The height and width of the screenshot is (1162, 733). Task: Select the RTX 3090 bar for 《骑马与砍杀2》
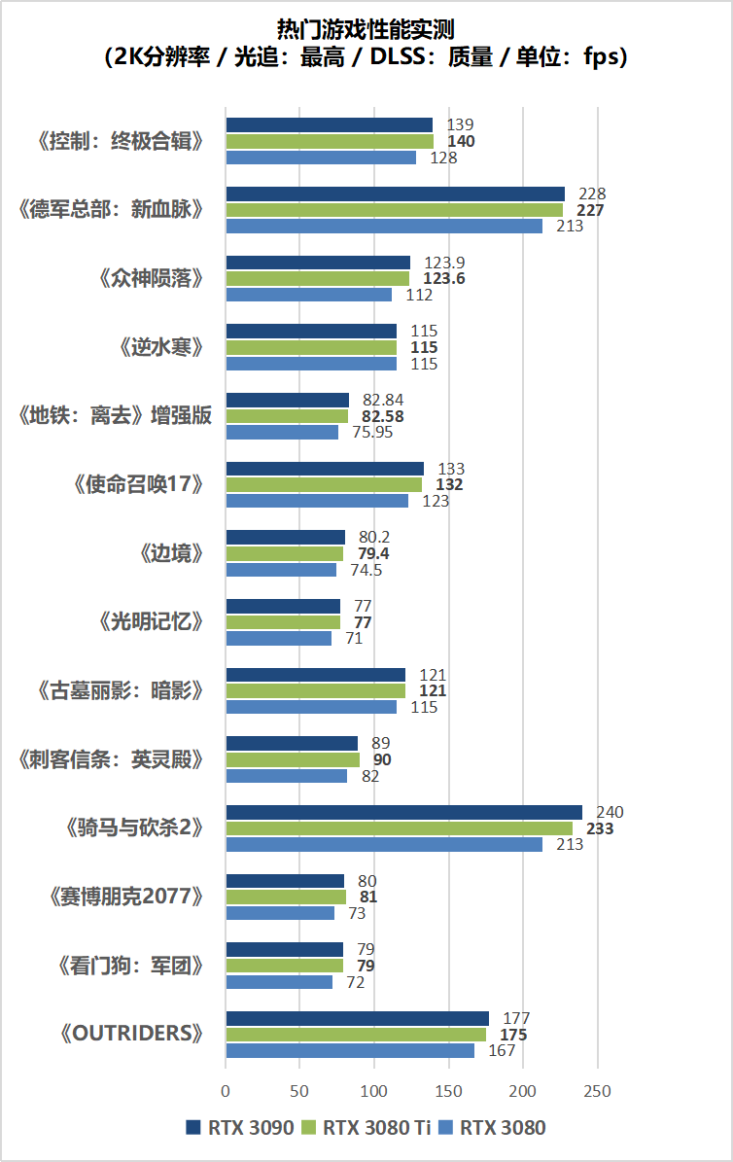[403, 812]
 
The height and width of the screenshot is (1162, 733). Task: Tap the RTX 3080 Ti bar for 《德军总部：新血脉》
[394, 210]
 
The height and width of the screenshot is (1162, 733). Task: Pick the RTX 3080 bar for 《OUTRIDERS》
[350, 1051]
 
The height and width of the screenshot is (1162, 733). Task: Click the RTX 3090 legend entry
[239, 1128]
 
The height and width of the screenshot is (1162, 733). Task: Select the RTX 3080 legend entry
[492, 1128]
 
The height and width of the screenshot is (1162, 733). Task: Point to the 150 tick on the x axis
[449, 1091]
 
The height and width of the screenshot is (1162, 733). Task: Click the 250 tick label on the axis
[598, 1091]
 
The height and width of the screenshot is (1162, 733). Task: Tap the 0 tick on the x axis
[226, 1091]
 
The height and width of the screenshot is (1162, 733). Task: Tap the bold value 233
[599, 828]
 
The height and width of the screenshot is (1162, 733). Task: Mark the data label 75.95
[372, 433]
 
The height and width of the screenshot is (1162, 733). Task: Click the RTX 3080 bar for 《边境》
[281, 570]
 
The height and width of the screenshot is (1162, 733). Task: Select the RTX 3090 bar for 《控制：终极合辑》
[329, 124]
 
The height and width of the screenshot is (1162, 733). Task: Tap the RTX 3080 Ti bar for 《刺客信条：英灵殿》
[293, 759]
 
